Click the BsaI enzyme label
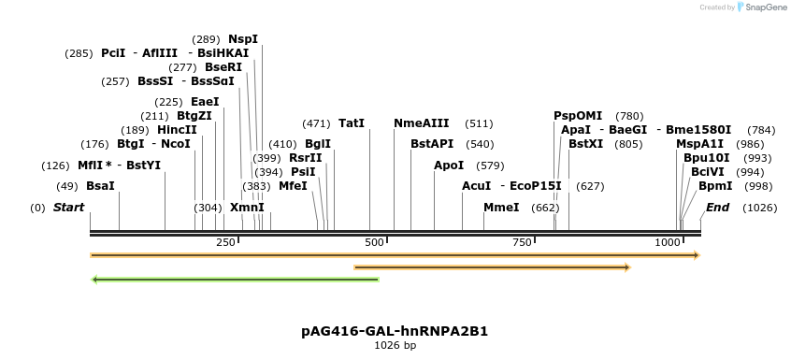tap(100, 186)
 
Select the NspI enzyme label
tap(243, 39)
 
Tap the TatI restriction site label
tap(352, 123)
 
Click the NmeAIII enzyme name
tap(421, 123)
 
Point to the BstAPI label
tap(432, 144)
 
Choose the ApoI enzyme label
tap(449, 166)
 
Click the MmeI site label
tap(501, 207)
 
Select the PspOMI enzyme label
tap(578, 116)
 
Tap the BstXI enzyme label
tap(586, 144)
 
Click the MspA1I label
tap(699, 144)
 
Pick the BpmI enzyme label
tap(715, 186)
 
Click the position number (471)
tap(316, 123)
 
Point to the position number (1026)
tap(759, 207)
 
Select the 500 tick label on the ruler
tap(374, 243)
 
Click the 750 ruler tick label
tap(522, 243)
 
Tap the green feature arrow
tap(235, 279)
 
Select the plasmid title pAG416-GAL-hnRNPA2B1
tap(395, 331)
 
